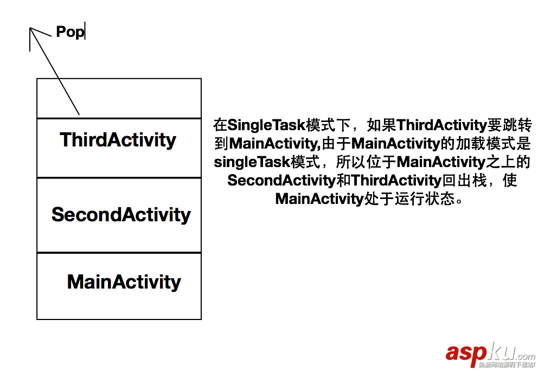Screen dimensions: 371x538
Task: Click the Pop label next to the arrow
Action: pyautogui.click(x=70, y=32)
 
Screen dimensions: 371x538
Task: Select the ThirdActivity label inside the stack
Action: pyautogui.click(x=118, y=140)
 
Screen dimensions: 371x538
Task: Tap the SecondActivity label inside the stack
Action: pyautogui.click(x=121, y=215)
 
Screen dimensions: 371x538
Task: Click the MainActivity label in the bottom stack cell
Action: pyautogui.click(x=124, y=282)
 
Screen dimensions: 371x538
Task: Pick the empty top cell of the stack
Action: pyautogui.click(x=119, y=98)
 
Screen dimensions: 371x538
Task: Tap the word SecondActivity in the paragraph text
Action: pyautogui.click(x=281, y=180)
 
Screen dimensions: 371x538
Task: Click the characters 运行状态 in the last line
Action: pyautogui.click(x=431, y=199)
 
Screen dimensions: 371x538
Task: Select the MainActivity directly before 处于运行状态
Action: pyautogui.click(x=318, y=199)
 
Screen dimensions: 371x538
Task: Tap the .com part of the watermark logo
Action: pyautogui.click(x=524, y=356)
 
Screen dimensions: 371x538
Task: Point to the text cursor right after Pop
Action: pyautogui.click(x=86, y=31)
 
